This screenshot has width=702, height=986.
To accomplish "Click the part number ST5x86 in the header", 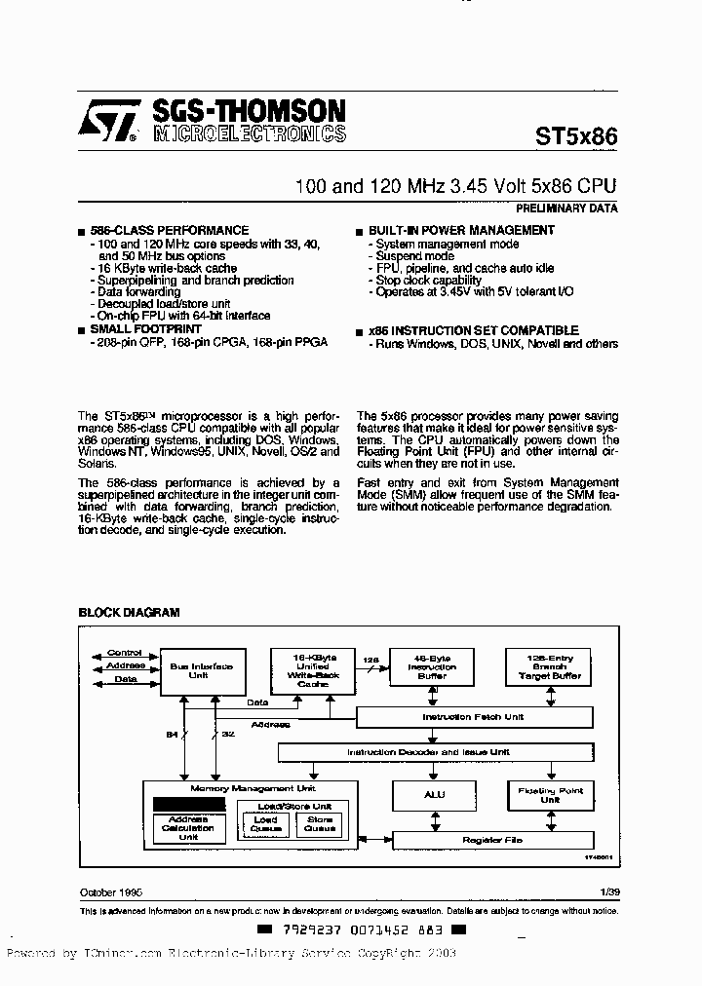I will pos(575,136).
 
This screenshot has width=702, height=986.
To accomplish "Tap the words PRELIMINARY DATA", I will pos(565,208).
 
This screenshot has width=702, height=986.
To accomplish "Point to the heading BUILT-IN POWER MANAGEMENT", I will pos(461,231).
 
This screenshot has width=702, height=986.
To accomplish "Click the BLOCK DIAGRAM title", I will pos(129,612).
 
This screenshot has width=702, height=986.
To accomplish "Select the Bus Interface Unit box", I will pos(201,671).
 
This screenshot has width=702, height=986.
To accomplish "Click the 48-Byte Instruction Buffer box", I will pos(431,667).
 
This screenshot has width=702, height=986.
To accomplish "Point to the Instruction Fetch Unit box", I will pos(474,718).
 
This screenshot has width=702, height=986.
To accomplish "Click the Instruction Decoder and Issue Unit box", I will pos(435,752).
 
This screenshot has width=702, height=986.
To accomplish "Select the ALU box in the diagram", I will pos(434,796).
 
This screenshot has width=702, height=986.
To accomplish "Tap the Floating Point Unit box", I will pos(551,796).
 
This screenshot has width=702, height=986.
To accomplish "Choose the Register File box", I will pos(491,838).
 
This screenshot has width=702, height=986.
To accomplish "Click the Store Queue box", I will pos(320,824).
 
